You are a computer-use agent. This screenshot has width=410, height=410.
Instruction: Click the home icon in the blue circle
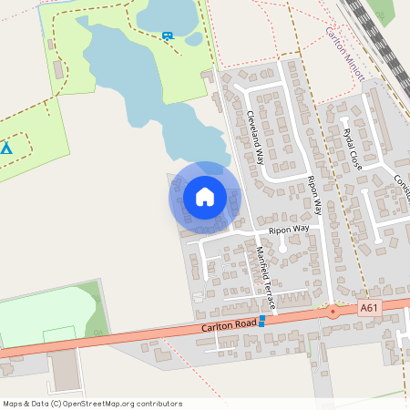tap(204, 197)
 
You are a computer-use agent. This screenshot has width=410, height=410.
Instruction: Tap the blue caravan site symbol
tap(167, 36)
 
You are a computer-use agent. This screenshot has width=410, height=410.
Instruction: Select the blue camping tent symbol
tap(6, 147)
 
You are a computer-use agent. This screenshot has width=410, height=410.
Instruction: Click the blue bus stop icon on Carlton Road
tap(261, 320)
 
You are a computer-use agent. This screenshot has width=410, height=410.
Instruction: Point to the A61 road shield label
tap(369, 309)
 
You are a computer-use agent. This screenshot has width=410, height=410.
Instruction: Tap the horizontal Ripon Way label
tap(289, 230)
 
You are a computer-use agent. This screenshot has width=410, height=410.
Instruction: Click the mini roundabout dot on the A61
tap(333, 311)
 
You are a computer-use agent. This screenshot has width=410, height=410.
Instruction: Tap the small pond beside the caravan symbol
tap(193, 39)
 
